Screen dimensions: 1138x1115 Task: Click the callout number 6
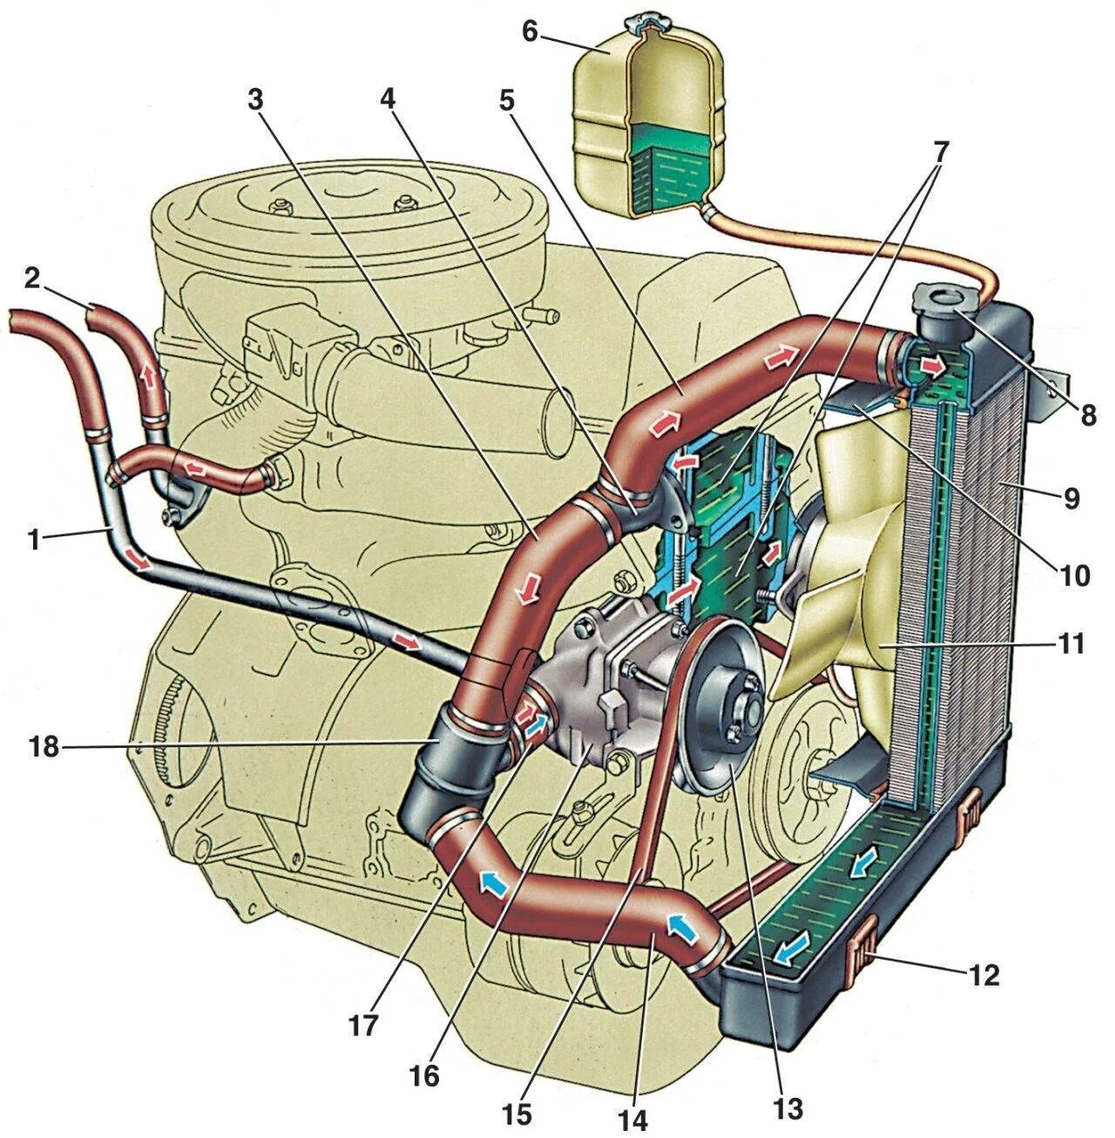531,31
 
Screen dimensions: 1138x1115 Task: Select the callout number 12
983,975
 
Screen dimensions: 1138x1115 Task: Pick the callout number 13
788,1108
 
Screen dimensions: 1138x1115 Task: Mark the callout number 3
253,100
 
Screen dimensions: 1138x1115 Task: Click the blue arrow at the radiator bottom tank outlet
789,953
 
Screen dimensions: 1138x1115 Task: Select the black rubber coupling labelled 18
453,753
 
